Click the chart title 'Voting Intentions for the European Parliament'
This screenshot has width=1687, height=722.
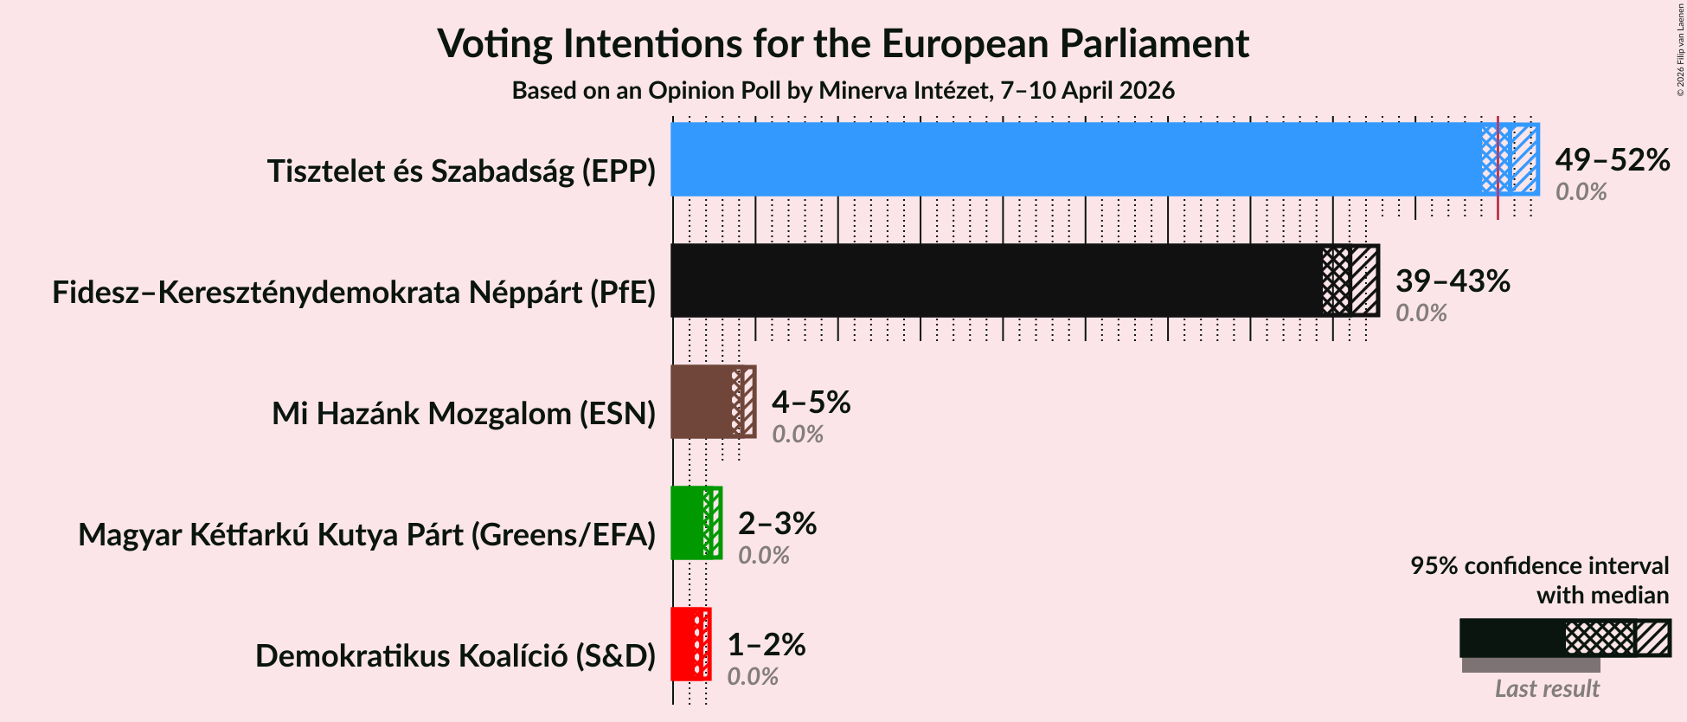(843, 43)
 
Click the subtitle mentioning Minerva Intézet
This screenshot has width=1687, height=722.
(843, 90)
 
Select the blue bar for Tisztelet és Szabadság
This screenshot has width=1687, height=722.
(1073, 159)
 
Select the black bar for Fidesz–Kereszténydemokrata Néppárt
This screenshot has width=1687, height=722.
(995, 280)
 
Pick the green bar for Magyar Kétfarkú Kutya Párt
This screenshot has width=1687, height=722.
(689, 523)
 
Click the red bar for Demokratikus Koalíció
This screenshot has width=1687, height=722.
(683, 644)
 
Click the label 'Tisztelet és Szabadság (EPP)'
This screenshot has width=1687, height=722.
(461, 171)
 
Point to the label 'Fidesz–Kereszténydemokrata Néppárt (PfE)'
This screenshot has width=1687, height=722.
(354, 293)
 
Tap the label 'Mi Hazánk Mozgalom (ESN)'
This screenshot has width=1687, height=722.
(464, 414)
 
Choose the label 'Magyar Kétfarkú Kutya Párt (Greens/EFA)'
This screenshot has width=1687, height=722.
(367, 535)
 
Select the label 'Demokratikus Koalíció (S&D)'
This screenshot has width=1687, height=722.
(455, 656)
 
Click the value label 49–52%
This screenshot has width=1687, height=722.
(1612, 159)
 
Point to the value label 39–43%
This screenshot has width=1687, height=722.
(1453, 280)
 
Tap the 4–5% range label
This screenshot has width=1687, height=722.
(811, 402)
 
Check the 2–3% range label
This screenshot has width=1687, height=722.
(777, 523)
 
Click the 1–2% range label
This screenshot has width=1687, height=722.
(766, 644)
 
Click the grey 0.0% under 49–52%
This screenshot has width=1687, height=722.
(1581, 192)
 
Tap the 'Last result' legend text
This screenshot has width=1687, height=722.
(1547, 689)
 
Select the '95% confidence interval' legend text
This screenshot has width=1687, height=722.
(1539, 566)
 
